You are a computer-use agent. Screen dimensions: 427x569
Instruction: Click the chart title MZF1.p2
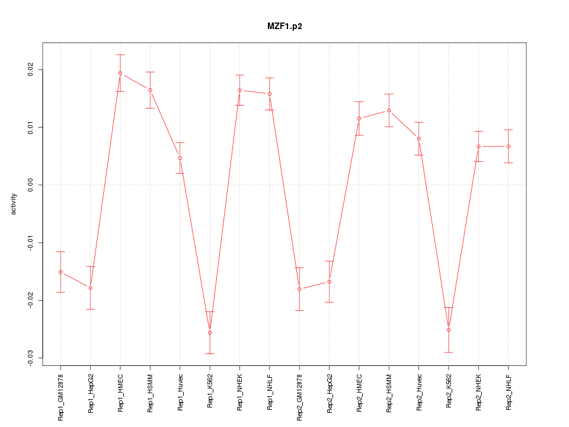pyautogui.click(x=284, y=27)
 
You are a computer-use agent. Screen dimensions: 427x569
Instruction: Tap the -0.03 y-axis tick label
pyautogui.click(x=30, y=358)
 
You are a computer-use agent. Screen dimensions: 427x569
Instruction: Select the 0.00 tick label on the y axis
pyautogui.click(x=30, y=185)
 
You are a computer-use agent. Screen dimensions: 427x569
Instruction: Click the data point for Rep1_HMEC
pyautogui.click(x=120, y=73)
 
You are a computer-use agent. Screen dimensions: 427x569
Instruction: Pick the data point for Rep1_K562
pyautogui.click(x=210, y=333)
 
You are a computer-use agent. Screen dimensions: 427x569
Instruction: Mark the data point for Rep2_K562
pyautogui.click(x=449, y=330)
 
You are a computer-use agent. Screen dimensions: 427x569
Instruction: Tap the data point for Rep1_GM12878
pyautogui.click(x=60, y=272)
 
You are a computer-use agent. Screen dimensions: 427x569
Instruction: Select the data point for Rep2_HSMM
pyautogui.click(x=389, y=110)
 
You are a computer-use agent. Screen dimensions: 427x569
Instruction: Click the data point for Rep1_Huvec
pyautogui.click(x=180, y=158)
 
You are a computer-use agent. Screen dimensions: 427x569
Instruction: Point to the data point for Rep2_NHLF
pyautogui.click(x=509, y=146)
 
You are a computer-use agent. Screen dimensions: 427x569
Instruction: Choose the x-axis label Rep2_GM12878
pyautogui.click(x=299, y=397)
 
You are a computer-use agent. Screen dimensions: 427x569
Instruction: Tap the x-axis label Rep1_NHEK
pyautogui.click(x=239, y=393)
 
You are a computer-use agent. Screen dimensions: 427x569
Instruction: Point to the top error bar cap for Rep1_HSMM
pyautogui.click(x=150, y=72)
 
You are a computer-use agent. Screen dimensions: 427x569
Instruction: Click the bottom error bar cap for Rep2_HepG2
pyautogui.click(x=329, y=302)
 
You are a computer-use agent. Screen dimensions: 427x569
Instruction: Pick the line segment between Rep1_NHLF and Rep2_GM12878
pyautogui.click(x=284, y=191)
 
